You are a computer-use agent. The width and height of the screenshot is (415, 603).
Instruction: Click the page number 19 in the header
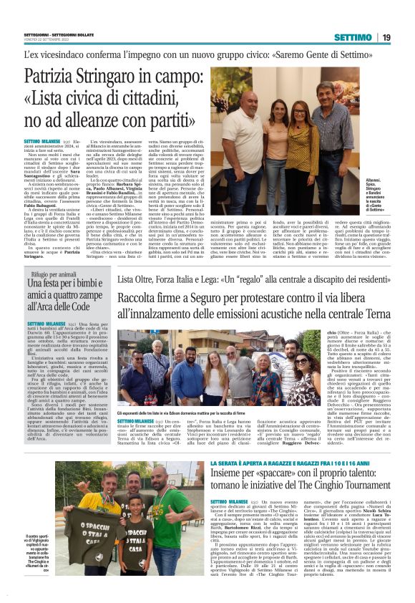coord(386,37)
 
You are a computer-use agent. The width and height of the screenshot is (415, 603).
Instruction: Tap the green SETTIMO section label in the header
coord(352,37)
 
